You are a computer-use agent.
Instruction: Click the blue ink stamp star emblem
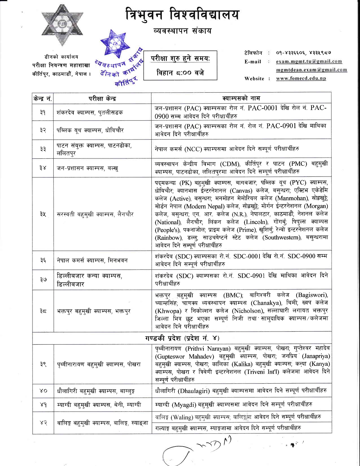115,44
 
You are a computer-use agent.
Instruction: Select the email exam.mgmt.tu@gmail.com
309,61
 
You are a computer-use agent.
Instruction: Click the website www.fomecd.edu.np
301,79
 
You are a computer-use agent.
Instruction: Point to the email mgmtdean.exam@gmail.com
311,70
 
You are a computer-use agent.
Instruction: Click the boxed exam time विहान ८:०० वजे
180,73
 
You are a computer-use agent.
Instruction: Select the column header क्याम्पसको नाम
241,98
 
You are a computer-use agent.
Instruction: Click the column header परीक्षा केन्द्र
102,98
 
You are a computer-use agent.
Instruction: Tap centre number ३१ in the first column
43,112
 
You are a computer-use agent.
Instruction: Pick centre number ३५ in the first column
43,214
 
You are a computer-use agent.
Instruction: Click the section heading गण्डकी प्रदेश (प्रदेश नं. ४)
182,338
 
